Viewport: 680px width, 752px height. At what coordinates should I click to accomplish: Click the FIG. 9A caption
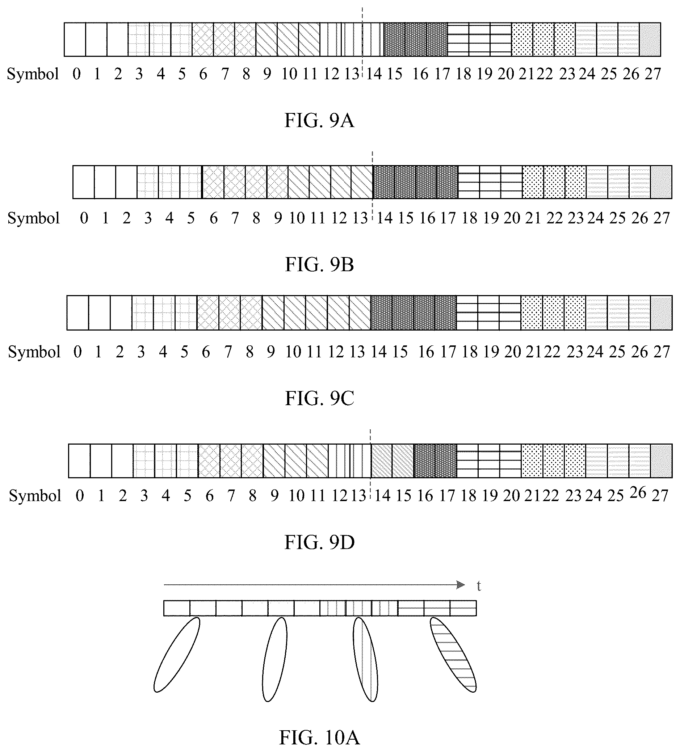tap(319, 121)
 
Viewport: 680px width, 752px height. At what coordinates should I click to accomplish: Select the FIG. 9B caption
tap(319, 264)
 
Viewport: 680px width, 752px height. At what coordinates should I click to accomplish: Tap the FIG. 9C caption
tap(319, 398)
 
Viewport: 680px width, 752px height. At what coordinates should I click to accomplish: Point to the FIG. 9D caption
tap(319, 542)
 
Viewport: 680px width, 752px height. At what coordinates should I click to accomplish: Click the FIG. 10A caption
tap(319, 738)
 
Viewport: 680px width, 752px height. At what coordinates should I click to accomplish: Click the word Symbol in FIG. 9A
tap(33, 74)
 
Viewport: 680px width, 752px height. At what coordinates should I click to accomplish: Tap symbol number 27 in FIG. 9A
tap(653, 74)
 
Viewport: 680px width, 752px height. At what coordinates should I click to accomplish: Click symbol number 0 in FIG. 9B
tap(84, 218)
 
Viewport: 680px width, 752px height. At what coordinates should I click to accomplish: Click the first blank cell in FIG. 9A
tap(75, 39)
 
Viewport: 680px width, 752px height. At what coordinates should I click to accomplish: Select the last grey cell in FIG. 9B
tap(661, 182)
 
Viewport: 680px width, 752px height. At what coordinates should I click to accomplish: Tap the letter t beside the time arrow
tap(479, 586)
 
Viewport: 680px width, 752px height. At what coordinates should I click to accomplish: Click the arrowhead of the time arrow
tap(461, 585)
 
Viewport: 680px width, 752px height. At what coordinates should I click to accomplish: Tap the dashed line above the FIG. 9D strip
tap(370, 436)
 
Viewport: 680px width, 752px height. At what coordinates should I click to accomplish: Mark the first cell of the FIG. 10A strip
tap(177, 608)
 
